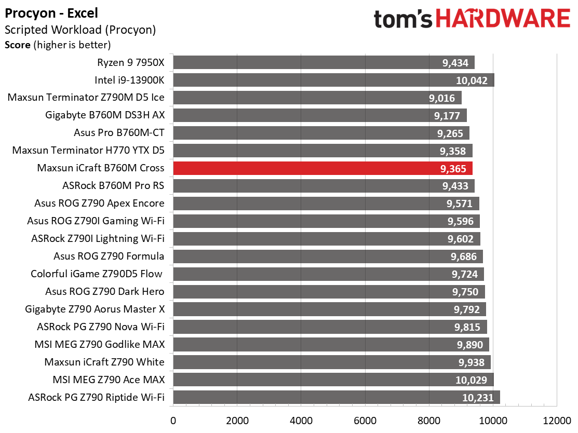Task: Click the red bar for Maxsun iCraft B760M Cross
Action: click(x=323, y=168)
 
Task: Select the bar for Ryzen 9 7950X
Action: click(x=324, y=62)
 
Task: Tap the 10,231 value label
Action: click(x=478, y=398)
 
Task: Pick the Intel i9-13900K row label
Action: click(x=129, y=80)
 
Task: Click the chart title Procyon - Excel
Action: click(x=51, y=13)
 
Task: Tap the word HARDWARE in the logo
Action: click(x=503, y=18)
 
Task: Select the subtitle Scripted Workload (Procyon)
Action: click(x=80, y=30)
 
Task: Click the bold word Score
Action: click(x=18, y=45)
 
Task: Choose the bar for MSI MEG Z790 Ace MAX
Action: click(x=333, y=380)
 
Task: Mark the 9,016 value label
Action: click(x=441, y=98)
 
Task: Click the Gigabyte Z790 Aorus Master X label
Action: click(x=95, y=309)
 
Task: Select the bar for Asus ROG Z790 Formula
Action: click(x=328, y=256)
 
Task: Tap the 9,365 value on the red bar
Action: click(x=453, y=169)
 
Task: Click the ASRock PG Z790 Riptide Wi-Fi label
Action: click(x=96, y=397)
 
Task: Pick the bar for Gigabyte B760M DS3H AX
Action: click(x=320, y=115)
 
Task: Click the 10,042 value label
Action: click(x=472, y=80)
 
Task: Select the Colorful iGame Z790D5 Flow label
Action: click(x=96, y=274)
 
